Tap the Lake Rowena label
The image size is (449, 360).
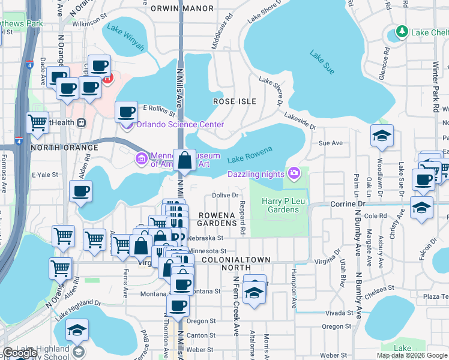(250, 154)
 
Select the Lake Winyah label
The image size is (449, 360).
(125, 37)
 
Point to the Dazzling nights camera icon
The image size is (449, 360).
(294, 173)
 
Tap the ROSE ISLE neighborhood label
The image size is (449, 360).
(235, 102)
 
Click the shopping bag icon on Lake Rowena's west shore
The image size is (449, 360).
(185, 161)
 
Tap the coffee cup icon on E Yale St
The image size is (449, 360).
(80, 193)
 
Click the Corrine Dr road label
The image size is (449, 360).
(348, 205)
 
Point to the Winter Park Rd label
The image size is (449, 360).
(436, 86)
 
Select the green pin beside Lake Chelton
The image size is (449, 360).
(402, 32)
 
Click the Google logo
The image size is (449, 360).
(20, 353)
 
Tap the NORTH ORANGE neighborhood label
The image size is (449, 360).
(64, 147)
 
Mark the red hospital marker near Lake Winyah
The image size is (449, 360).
(107, 79)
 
